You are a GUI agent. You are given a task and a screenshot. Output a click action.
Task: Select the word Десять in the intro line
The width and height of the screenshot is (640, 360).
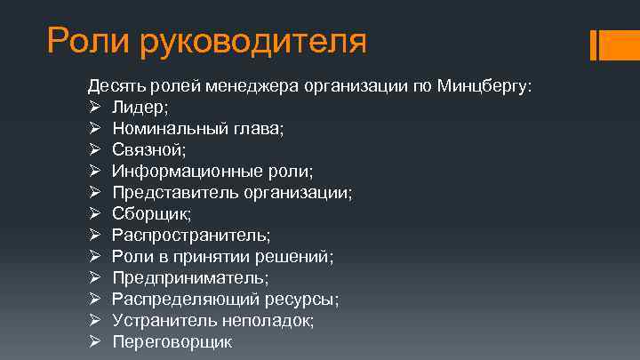(114, 86)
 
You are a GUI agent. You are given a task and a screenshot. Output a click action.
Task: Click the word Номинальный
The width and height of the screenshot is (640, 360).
(166, 129)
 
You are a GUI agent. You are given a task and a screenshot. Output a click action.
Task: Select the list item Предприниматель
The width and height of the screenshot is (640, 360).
(189, 278)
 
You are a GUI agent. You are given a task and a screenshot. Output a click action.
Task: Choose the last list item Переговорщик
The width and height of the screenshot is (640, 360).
(172, 342)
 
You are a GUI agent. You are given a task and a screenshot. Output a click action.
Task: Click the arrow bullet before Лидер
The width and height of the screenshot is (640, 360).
(93, 108)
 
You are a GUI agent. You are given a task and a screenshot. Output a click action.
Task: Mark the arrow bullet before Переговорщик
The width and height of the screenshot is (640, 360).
(93, 342)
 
